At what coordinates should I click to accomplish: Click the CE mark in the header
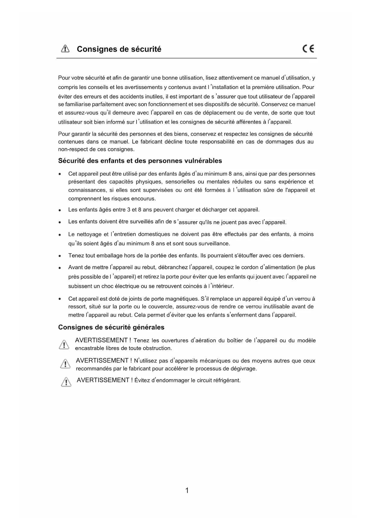click(x=308, y=49)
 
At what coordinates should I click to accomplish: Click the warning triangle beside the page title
click(x=65, y=49)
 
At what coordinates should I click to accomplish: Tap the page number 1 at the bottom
click(x=187, y=491)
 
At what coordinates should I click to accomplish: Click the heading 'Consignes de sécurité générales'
click(x=111, y=327)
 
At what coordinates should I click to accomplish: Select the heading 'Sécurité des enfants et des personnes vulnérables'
click(x=140, y=161)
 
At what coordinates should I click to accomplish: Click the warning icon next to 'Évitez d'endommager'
click(x=66, y=382)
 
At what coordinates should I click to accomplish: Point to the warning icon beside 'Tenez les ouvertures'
click(x=64, y=344)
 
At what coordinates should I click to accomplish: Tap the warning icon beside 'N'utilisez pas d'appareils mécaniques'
click(x=65, y=364)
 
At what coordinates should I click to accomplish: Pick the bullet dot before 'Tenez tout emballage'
click(x=60, y=256)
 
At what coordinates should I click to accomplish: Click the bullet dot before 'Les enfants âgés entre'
click(x=60, y=210)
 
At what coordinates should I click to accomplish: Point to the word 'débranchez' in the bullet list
click(x=172, y=267)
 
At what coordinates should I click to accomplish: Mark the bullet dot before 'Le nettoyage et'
click(x=60, y=234)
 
